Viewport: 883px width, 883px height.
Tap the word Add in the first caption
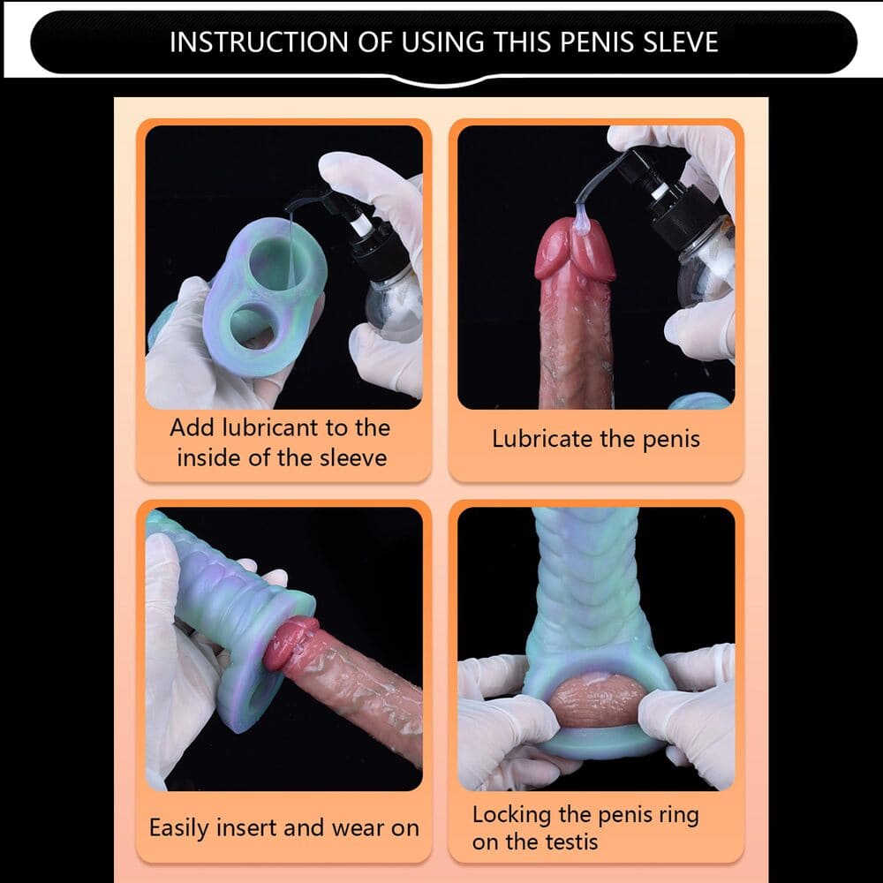(192, 428)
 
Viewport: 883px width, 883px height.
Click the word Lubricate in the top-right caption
(543, 439)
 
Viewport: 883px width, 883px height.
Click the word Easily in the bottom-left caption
(179, 828)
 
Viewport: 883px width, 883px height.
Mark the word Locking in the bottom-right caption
(513, 815)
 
